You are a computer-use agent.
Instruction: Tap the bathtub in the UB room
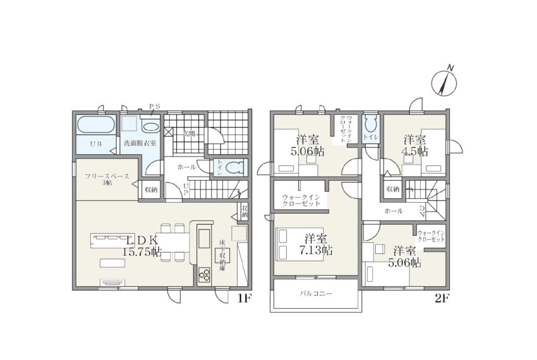coord(95,124)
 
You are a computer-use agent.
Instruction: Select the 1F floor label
coord(244,299)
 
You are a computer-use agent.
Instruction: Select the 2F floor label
coord(442,299)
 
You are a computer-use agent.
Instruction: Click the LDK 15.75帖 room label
coord(142,246)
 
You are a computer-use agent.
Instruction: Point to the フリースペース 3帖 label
coord(107,179)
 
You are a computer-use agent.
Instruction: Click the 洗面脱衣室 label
coord(140,143)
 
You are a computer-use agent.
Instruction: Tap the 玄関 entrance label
coord(188,134)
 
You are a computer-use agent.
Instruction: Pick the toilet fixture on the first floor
coord(235,167)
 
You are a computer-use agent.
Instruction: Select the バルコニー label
coord(316,294)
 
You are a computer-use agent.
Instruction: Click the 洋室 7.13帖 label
coord(315,244)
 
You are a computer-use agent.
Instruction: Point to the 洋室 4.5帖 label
coord(414,145)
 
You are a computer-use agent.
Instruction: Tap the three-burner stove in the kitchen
coord(204,275)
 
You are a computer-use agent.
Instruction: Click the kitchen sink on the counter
coord(204,238)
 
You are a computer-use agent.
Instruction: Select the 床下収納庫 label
coord(222,256)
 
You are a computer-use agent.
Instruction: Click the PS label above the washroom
coord(154,106)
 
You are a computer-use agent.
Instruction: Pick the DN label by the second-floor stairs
coord(422,212)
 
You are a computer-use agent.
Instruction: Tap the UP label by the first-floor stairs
coord(186,189)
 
